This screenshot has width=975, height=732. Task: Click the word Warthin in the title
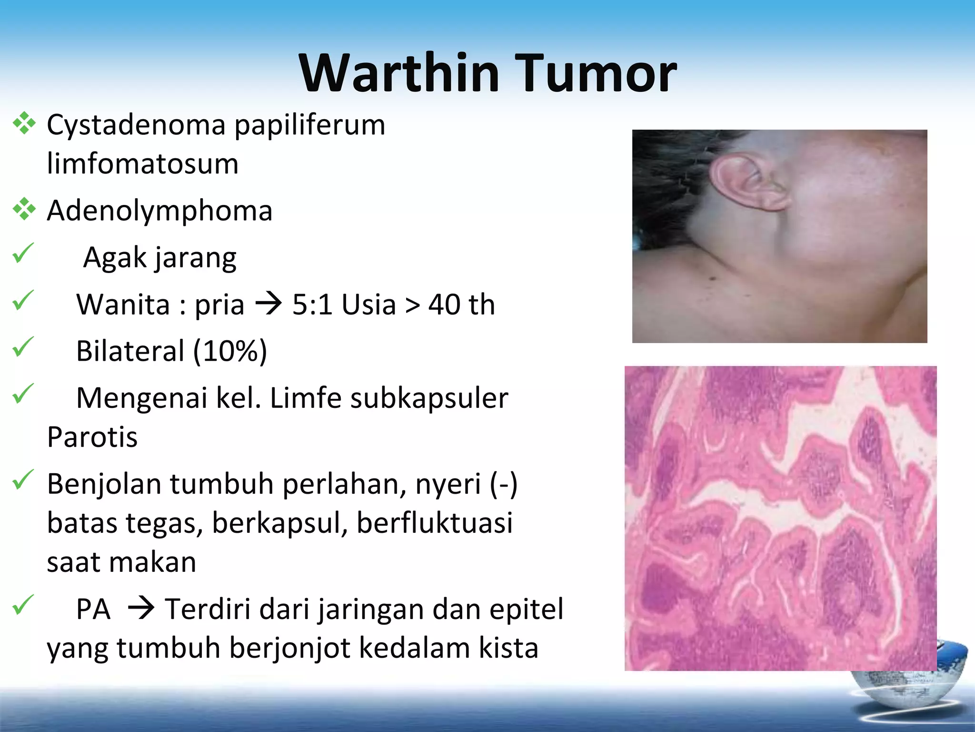[x=399, y=73]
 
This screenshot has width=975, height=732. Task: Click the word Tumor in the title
[x=595, y=73]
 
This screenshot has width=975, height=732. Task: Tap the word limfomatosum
[x=142, y=163]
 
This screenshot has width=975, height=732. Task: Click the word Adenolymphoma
[x=159, y=211]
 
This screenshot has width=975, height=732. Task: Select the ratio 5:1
[x=312, y=305]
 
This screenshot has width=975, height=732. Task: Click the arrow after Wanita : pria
[x=269, y=304]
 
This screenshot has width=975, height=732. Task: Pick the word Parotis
[x=92, y=437]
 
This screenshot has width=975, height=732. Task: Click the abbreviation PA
[x=93, y=609]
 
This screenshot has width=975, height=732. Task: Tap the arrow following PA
[x=141, y=609]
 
